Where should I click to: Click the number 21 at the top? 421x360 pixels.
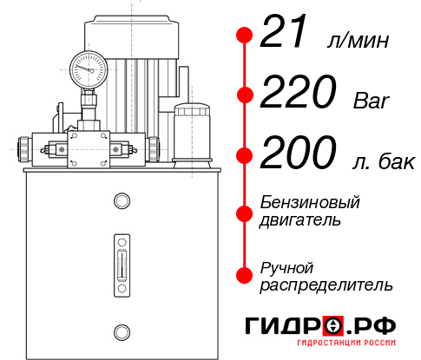click(287, 36)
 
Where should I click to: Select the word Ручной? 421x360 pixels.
click(286, 265)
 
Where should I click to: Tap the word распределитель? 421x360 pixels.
click(326, 284)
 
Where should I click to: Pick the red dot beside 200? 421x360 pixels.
click(246, 155)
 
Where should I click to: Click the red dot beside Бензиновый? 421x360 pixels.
click(246, 211)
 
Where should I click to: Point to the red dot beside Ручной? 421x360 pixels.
click(246, 274)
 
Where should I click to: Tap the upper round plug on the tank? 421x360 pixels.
click(121, 201)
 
